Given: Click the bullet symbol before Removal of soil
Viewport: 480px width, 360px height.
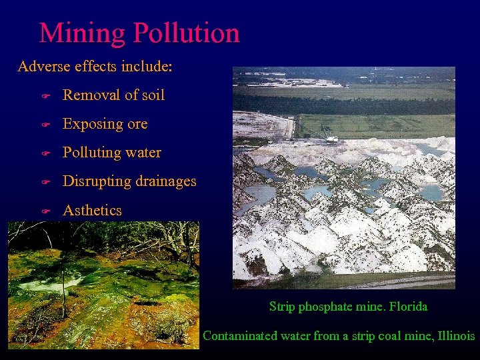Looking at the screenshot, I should [x=45, y=96].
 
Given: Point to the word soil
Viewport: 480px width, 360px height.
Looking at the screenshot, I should [x=152, y=95].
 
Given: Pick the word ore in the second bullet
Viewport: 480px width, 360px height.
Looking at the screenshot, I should [x=137, y=125].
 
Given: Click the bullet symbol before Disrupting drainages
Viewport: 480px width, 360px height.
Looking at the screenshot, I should [x=45, y=182].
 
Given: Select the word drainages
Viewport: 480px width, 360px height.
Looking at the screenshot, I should [x=165, y=181].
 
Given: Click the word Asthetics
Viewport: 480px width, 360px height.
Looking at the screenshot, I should [x=92, y=210].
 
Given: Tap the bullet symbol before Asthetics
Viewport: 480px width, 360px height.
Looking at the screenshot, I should [x=45, y=211].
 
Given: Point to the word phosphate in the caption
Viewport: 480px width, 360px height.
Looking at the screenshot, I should [x=325, y=307].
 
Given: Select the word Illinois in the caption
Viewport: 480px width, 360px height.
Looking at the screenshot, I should [x=456, y=336].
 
